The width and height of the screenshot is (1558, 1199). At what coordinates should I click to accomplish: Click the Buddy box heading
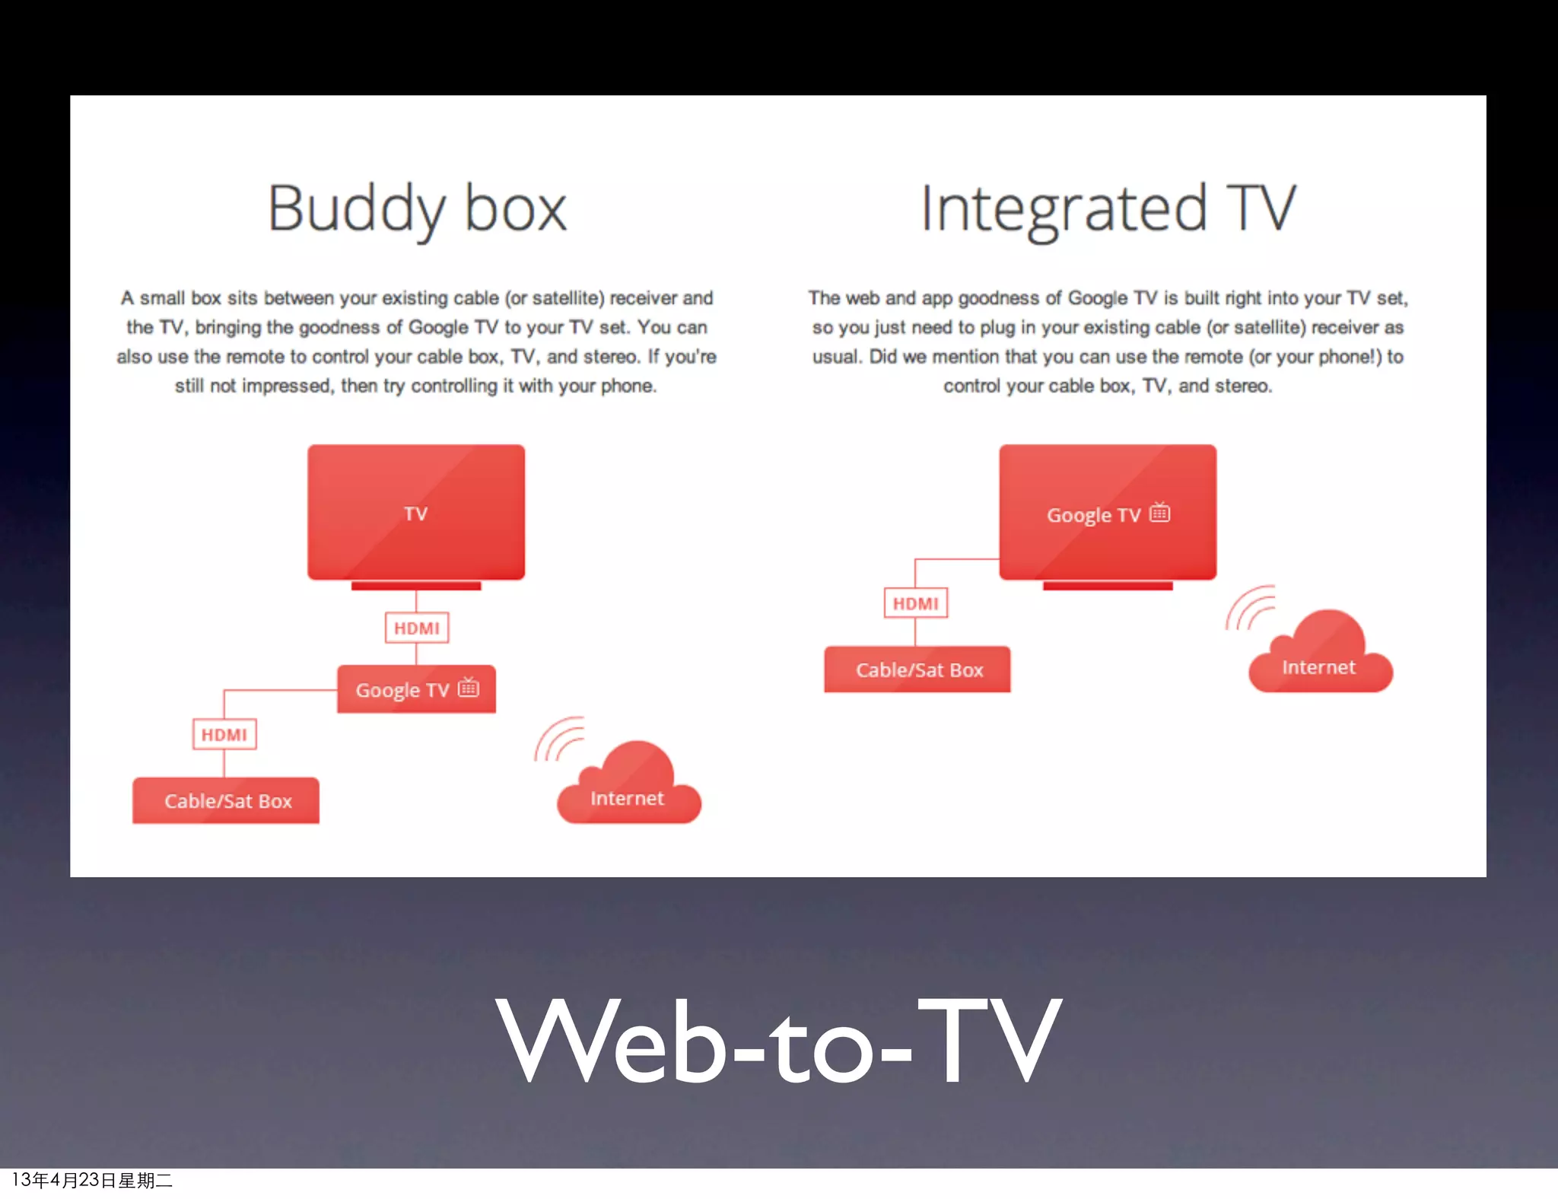417,208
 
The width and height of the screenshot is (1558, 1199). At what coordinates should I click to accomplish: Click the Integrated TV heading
1108,208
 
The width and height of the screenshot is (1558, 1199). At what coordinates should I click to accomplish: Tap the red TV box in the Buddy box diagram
416,511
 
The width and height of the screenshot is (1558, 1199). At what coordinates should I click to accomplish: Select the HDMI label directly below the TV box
417,628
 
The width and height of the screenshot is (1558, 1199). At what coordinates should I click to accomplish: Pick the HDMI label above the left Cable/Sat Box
224,734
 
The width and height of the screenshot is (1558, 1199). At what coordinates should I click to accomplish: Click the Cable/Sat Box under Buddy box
226,800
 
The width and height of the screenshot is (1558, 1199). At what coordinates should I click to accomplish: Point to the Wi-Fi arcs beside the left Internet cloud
559,739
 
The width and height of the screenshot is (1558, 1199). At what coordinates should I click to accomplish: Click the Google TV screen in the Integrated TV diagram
1108,511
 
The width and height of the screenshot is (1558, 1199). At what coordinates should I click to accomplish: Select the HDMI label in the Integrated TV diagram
916,603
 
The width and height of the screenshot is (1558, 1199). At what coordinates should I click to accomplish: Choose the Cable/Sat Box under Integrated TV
917,669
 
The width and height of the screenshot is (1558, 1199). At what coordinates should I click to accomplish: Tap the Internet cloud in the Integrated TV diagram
1321,658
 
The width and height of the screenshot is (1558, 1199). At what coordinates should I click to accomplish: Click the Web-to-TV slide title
778,1041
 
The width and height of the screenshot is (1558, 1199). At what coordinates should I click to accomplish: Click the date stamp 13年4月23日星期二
92,1180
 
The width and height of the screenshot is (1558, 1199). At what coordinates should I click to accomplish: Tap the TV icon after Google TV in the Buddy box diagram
469,687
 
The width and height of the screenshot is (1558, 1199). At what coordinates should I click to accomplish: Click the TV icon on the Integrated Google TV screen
1160,512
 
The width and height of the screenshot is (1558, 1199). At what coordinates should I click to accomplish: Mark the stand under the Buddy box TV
416,586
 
